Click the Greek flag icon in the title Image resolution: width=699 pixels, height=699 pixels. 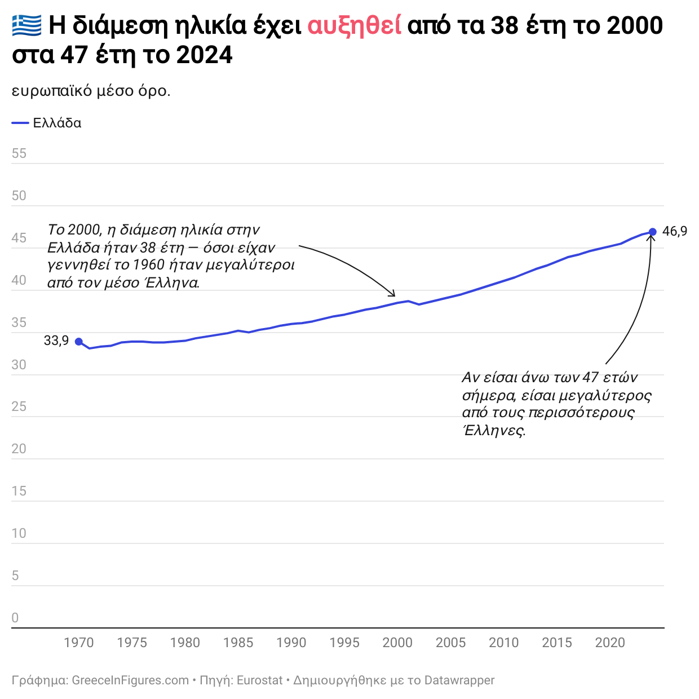click(26, 25)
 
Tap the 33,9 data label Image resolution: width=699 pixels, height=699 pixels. click(56, 340)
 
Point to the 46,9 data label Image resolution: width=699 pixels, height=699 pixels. click(675, 231)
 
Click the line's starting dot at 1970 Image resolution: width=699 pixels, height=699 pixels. click(79, 342)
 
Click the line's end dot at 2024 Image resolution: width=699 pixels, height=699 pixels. click(652, 232)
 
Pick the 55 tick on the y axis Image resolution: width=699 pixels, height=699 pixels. click(19, 153)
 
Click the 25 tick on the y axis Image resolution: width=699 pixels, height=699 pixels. click(19, 406)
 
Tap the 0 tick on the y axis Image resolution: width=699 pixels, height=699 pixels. click(15, 618)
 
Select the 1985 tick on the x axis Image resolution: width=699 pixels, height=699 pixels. click(238, 643)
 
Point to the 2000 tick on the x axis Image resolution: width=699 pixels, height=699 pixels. click(397, 643)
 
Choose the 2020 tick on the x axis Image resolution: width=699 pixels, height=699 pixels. click(610, 643)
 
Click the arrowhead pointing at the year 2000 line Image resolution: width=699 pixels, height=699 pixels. click(393, 294)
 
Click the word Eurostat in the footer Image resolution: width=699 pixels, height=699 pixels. click(259, 680)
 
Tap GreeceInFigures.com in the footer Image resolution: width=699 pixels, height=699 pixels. click(130, 680)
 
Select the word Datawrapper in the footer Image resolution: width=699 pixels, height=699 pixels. click(459, 680)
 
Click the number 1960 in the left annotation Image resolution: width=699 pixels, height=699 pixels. click(148, 265)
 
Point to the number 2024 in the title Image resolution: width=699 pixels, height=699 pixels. click(204, 55)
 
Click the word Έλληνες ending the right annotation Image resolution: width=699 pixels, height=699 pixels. click(494, 431)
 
